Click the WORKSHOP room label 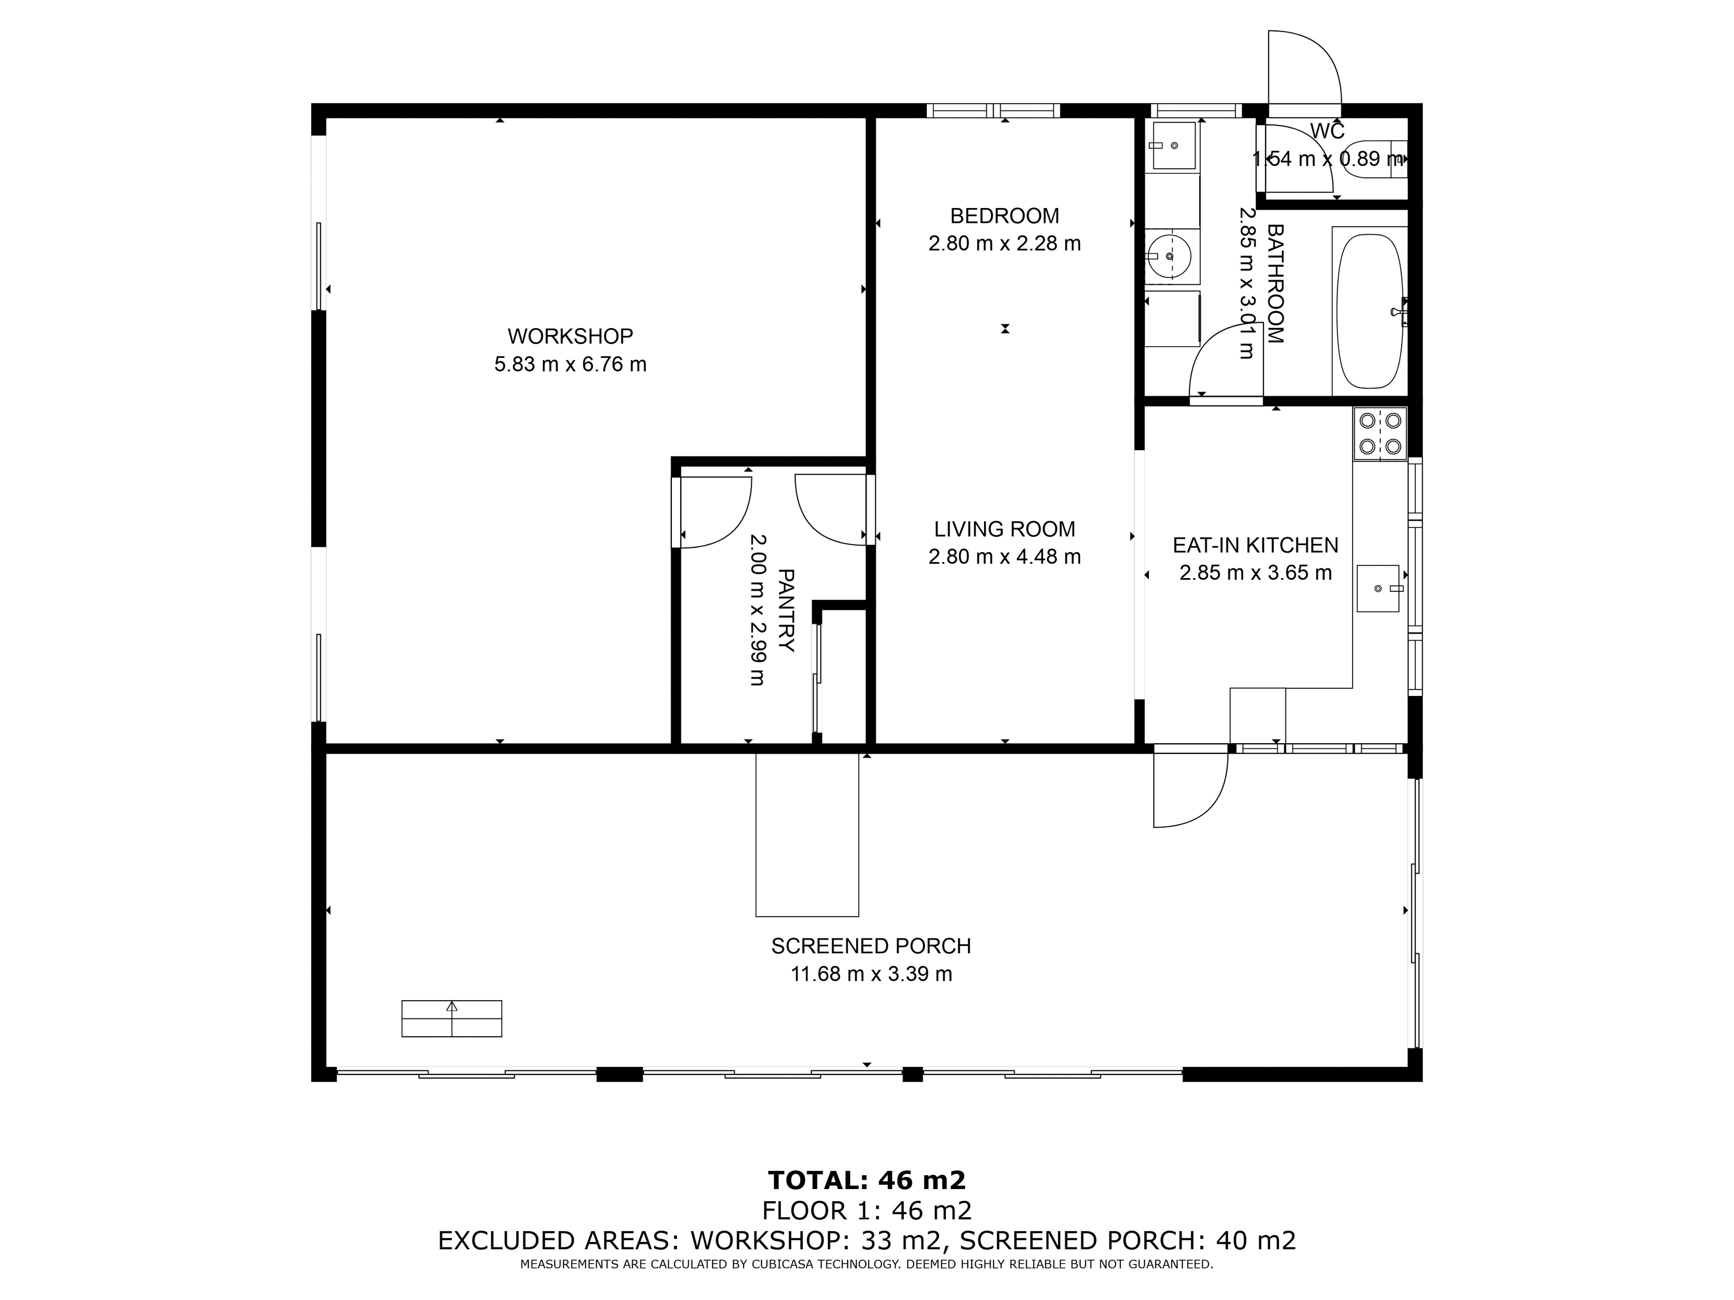point(570,336)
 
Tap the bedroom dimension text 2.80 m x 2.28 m point(1004,244)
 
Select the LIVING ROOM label point(1004,529)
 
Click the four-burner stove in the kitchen point(1380,433)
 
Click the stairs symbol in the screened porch point(451,1019)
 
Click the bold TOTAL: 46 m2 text point(866,1180)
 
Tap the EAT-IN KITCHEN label point(1255,545)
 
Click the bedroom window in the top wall point(993,110)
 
